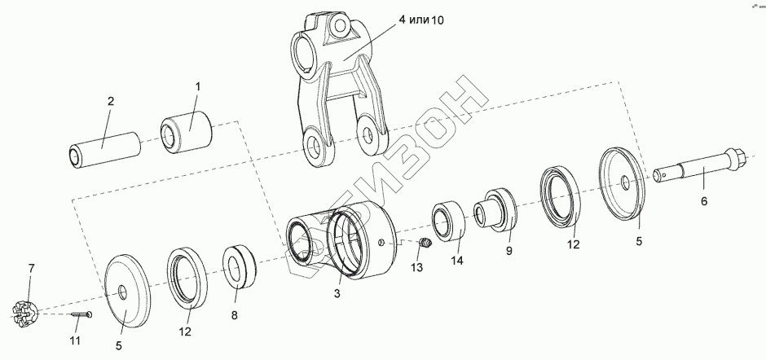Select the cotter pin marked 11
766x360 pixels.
[x=80, y=316]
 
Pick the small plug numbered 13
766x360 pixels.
[x=424, y=243]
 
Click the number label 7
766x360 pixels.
[x=32, y=269]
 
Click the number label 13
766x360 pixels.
[x=417, y=267]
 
